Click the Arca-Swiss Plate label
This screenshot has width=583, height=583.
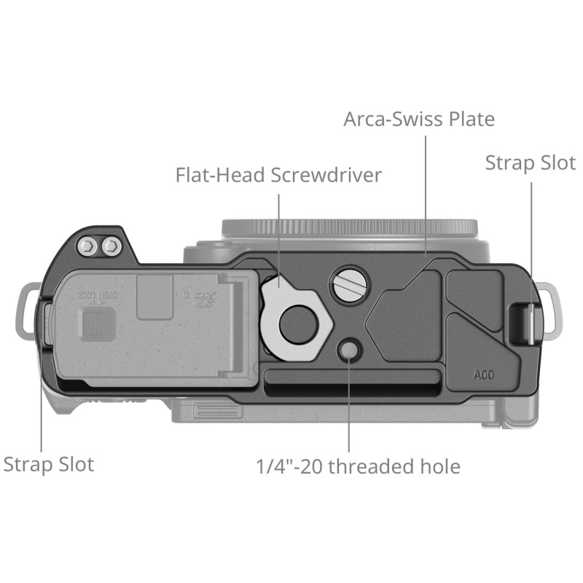click(419, 120)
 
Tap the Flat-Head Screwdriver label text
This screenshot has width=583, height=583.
click(278, 175)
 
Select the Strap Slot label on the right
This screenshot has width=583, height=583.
click(531, 163)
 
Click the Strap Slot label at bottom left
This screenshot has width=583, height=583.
click(49, 464)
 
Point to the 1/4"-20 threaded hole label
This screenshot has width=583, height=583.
click(359, 466)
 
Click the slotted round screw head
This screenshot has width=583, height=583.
click(350, 285)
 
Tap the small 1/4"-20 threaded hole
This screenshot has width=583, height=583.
click(349, 351)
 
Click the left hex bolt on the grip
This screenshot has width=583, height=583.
click(87, 246)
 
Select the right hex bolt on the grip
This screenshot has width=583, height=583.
click(111, 246)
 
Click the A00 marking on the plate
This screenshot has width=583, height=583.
click(483, 375)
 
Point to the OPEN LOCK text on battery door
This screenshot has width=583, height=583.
click(98, 295)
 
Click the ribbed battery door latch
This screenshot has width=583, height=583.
click(96, 323)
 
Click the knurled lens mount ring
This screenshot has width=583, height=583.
click(350, 227)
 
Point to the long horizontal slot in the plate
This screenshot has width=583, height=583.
click(352, 382)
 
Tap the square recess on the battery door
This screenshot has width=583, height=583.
click(154, 297)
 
